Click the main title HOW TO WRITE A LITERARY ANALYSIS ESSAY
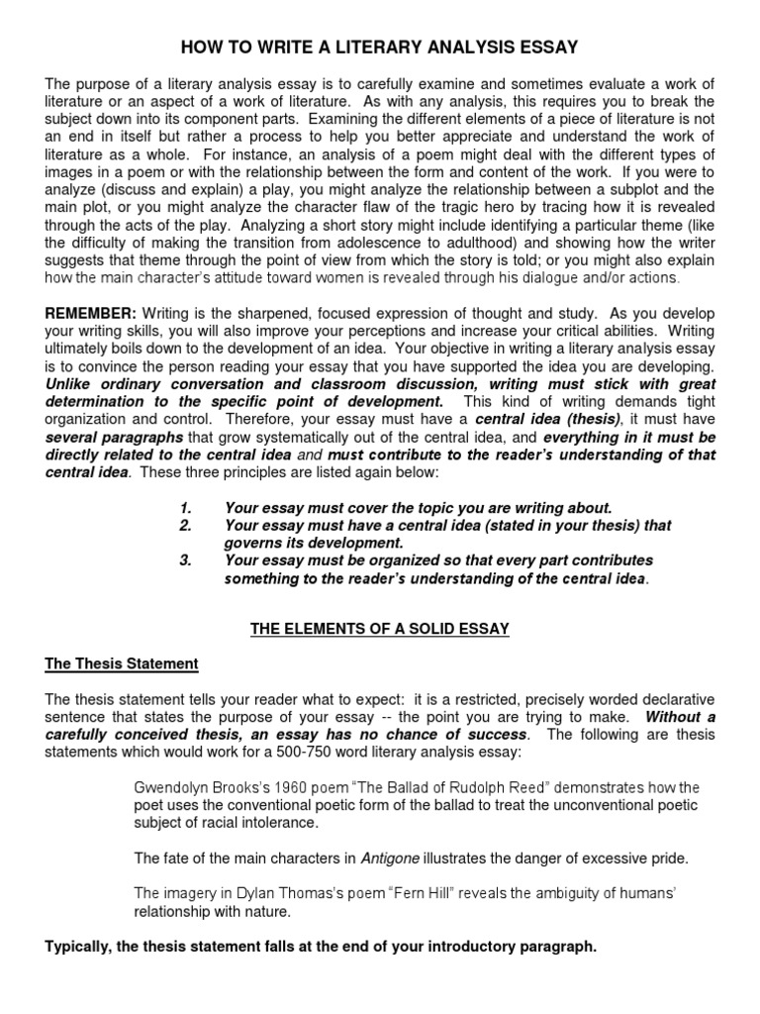click(380, 47)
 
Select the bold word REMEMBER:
click(84, 313)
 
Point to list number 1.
click(185, 508)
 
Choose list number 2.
click(185, 526)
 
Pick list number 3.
click(185, 560)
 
